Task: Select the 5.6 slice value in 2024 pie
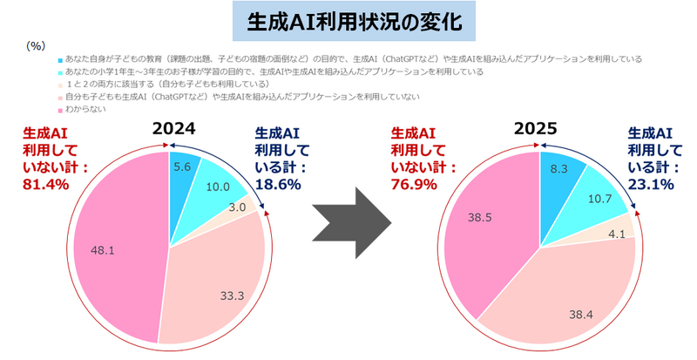click(182, 167)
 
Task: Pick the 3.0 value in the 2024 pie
click(235, 208)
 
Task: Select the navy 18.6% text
click(276, 184)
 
